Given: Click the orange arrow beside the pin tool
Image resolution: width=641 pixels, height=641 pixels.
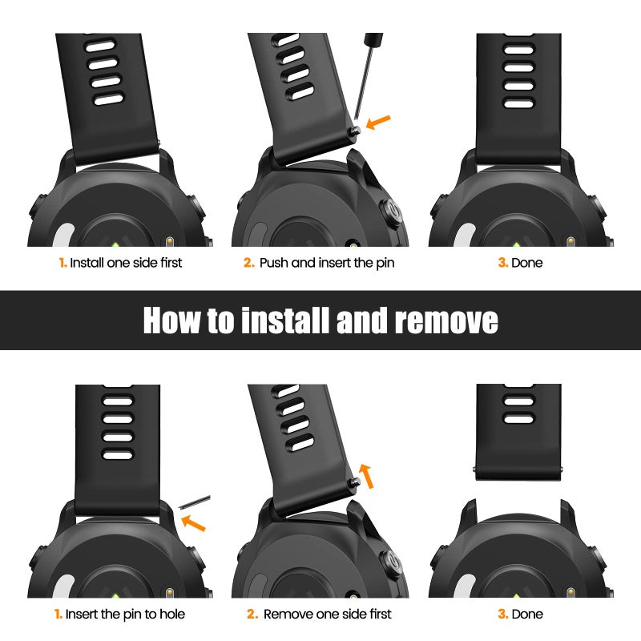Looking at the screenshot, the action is click(x=378, y=122).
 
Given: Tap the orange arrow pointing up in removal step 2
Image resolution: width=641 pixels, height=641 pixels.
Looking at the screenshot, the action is click(x=366, y=476).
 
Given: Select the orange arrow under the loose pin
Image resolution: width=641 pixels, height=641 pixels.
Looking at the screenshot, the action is click(x=193, y=523).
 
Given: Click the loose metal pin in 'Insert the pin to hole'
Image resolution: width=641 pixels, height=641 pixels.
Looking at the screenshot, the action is click(x=194, y=502).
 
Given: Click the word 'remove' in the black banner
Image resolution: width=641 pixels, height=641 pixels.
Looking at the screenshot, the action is click(x=446, y=320).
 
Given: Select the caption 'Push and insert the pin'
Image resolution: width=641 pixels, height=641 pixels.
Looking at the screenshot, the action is click(x=327, y=263).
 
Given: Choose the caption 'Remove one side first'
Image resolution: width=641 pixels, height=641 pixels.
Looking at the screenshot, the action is click(x=328, y=614).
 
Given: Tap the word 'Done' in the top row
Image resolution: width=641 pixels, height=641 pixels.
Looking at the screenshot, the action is click(x=527, y=263).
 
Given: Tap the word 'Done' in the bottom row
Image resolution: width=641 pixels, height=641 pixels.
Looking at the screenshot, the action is click(x=527, y=614).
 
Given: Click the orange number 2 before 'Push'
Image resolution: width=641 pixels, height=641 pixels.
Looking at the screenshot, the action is click(x=249, y=263).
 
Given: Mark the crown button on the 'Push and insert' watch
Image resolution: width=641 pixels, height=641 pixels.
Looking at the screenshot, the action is click(x=390, y=212).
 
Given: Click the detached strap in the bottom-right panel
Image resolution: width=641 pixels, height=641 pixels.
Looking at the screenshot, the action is click(x=518, y=432).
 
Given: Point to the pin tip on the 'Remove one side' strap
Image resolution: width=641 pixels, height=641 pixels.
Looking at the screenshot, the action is click(x=356, y=482).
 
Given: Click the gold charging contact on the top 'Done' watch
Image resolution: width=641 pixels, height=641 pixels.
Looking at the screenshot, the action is click(x=571, y=241).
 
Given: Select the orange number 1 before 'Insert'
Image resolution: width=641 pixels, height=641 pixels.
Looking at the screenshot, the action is click(x=58, y=614).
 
